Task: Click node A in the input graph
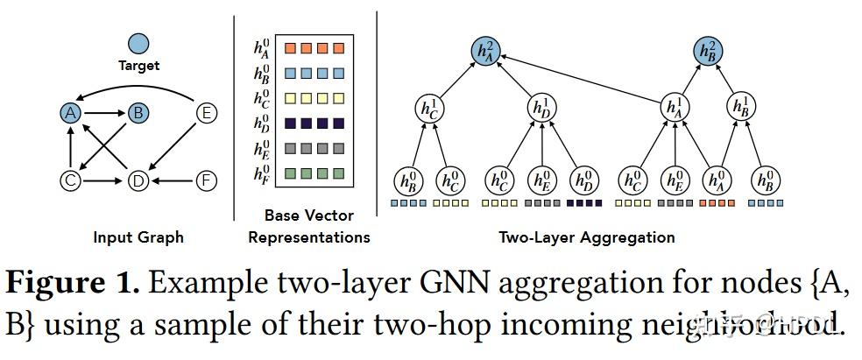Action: point(72,112)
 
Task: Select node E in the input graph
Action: point(206,112)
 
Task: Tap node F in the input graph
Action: point(206,181)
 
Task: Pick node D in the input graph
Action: point(138,181)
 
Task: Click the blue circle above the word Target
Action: point(138,43)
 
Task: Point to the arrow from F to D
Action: point(172,181)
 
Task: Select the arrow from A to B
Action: point(104,112)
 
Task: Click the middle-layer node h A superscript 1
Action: point(672,109)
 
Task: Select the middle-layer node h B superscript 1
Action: point(741,109)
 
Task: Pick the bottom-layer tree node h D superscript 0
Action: point(583,180)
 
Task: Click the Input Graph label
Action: point(138,236)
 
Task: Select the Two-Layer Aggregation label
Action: point(587,236)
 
